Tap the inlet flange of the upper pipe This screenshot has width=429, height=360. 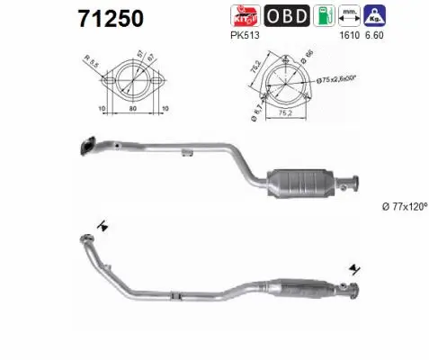point(89,143)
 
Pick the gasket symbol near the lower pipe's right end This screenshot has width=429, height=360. point(357,268)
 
